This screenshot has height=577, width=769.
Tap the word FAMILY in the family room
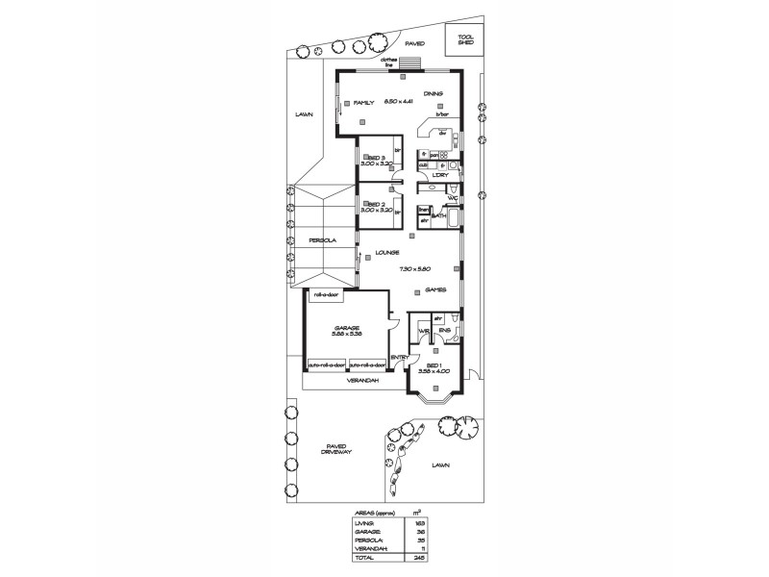coord(363,102)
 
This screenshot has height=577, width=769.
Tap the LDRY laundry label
coord(440,175)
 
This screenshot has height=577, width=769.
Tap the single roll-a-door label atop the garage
coord(325,295)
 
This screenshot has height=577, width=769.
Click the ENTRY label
coord(399,358)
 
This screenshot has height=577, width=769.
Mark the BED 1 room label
coord(434,366)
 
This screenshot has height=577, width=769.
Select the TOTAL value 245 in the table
coord(420,557)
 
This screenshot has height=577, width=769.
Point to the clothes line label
coord(389,62)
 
